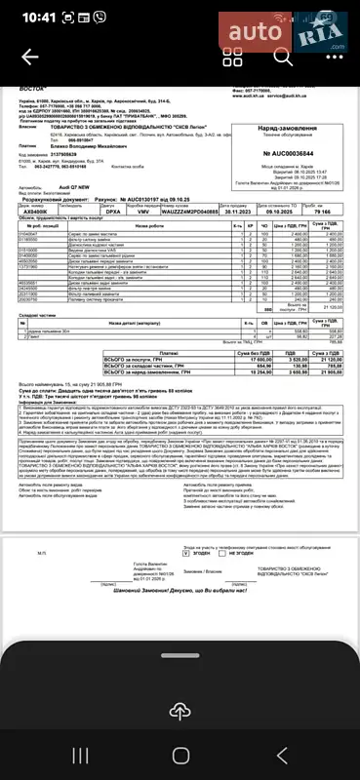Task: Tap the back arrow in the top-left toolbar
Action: [x=30, y=56]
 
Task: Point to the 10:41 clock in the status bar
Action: [x=37, y=18]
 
